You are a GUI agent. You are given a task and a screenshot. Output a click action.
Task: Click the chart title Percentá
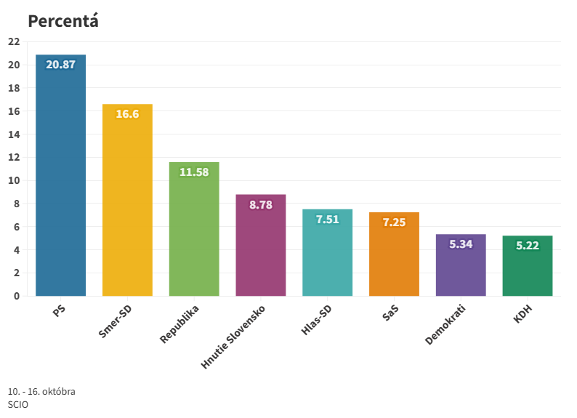pos(63,21)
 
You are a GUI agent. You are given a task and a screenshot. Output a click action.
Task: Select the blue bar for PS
pos(61,182)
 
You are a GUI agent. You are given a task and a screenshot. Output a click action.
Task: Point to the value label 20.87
pos(61,65)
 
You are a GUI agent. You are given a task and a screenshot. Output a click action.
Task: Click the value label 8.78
pos(261,205)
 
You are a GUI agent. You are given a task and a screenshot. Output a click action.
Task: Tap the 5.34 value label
pos(461,244)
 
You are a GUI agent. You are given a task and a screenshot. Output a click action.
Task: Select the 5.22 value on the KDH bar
pos(528,246)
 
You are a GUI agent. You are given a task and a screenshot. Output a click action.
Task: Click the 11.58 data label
pos(194,172)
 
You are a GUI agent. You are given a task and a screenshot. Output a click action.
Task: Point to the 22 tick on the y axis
pos(14,41)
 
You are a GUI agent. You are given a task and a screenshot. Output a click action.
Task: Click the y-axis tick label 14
pos(14,134)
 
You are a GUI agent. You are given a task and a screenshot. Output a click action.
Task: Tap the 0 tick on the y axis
pos(16,296)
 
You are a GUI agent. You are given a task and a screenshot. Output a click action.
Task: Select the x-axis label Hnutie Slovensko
pos(235,337)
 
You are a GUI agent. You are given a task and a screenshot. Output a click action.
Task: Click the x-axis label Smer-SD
pos(118,322)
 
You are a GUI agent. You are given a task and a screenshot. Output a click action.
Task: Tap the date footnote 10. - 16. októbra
pos(41,392)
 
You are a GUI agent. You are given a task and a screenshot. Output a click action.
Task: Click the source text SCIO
pos(18,404)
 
